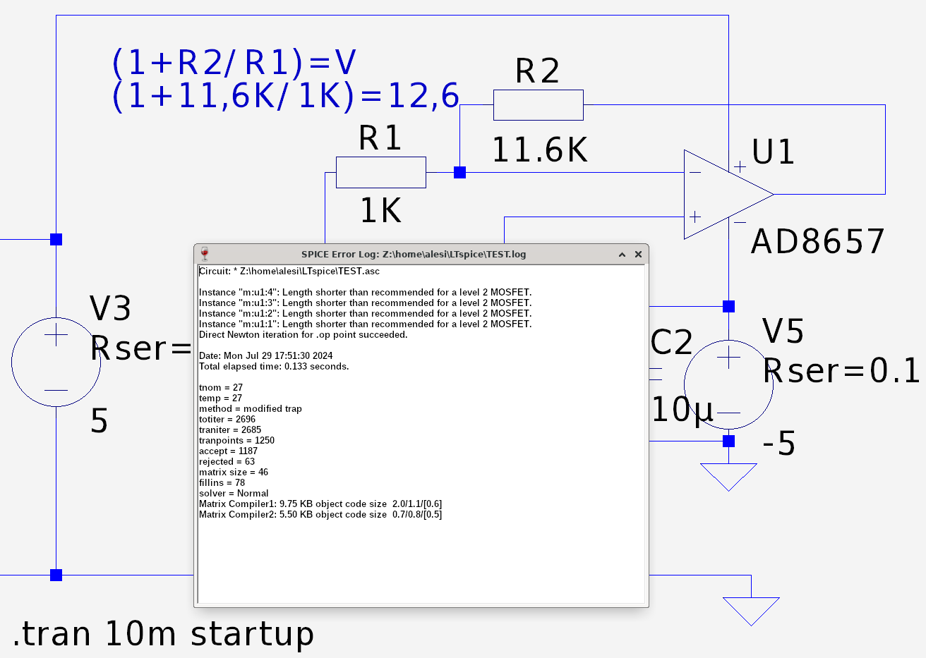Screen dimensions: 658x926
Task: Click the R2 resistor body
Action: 538,105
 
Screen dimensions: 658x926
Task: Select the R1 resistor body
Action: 380,172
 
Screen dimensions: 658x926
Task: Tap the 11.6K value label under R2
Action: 539,150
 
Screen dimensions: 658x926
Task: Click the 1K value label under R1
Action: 380,211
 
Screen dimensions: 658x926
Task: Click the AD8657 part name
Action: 817,242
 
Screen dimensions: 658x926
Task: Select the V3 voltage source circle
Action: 56,362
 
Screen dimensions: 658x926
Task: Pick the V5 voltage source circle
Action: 728,384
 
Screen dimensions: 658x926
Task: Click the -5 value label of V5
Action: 779,444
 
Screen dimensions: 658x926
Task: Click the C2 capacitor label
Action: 671,343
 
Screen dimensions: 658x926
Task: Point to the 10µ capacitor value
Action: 682,410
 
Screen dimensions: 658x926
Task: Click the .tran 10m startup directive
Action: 163,633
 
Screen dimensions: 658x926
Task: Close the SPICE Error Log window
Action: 638,255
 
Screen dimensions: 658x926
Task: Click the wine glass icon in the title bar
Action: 205,254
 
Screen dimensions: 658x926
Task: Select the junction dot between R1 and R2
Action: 459,172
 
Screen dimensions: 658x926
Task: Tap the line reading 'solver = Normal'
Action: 234,494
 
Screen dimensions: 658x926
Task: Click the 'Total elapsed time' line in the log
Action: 274,367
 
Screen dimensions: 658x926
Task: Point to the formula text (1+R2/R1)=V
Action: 234,63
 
